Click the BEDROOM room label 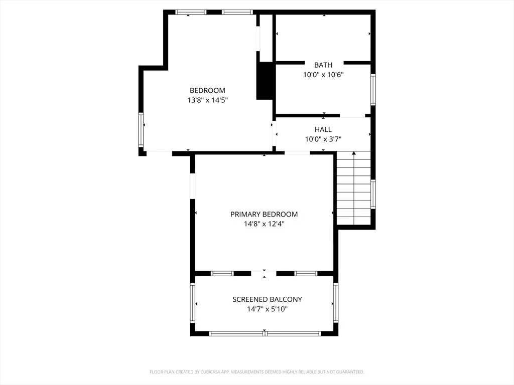pos(207,90)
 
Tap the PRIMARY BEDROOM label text pos(264,215)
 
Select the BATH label pos(323,65)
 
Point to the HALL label pos(323,129)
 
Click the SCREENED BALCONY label pos(267,299)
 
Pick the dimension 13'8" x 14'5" pos(207,100)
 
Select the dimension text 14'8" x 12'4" pos(264,224)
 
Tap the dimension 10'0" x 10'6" pos(323,74)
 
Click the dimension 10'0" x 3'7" pos(323,139)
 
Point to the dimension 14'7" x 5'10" pos(267,309)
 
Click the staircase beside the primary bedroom pos(354,188)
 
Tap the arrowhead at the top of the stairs pos(354,153)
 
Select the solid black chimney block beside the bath pos(265,81)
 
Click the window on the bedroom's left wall pos(141,130)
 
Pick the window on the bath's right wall pos(373,90)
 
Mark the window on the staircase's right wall pos(373,194)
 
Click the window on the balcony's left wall pos(192,303)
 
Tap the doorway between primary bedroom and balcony pos(264,274)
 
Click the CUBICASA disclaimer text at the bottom pos(256,372)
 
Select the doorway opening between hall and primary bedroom pos(297,153)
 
